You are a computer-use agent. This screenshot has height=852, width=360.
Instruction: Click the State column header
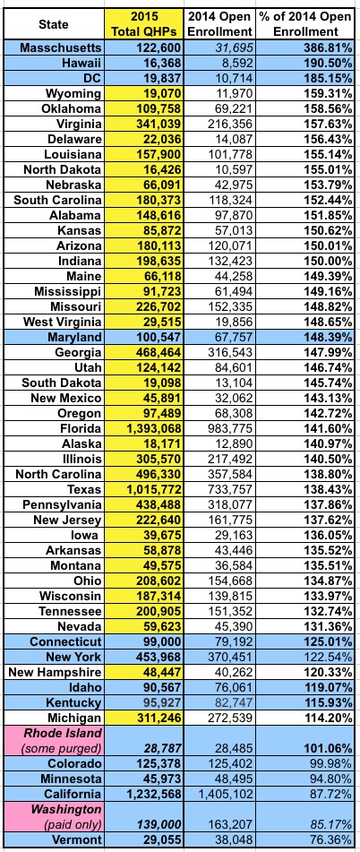tap(54, 24)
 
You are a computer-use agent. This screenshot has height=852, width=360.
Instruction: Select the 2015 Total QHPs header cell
tap(143, 24)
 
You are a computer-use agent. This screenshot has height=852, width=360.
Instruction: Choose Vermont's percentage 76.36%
tap(330, 839)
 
